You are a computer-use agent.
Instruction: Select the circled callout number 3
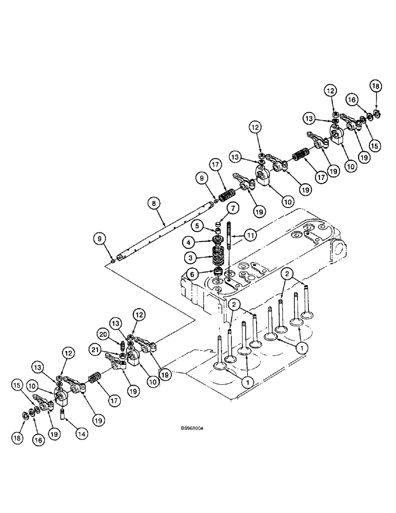tap(191, 256)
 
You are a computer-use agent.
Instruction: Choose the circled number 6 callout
tap(191, 274)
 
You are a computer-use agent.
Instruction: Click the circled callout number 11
tap(249, 235)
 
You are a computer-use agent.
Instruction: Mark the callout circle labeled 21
tap(108, 349)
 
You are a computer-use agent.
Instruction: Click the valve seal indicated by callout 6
tap(219, 271)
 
